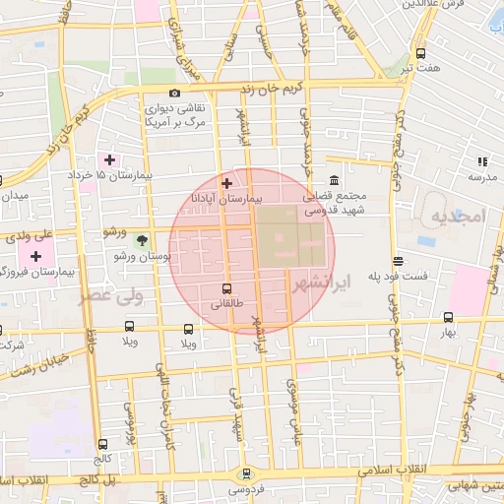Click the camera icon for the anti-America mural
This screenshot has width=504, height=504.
(174, 94)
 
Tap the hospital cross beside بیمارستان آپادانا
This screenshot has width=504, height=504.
(227, 182)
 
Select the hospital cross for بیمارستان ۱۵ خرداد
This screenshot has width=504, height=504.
(109, 159)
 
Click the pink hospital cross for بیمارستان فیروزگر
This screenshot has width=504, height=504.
(35, 256)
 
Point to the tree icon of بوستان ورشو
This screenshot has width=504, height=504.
(143, 239)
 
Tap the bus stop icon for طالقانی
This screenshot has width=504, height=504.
(227, 288)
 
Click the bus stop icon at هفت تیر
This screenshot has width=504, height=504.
(421, 53)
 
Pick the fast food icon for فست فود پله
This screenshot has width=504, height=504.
(397, 261)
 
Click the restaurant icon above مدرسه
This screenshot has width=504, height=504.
(482, 160)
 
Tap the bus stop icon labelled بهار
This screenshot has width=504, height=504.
(449, 318)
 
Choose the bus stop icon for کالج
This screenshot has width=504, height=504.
(103, 444)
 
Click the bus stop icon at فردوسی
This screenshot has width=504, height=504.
(245, 473)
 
